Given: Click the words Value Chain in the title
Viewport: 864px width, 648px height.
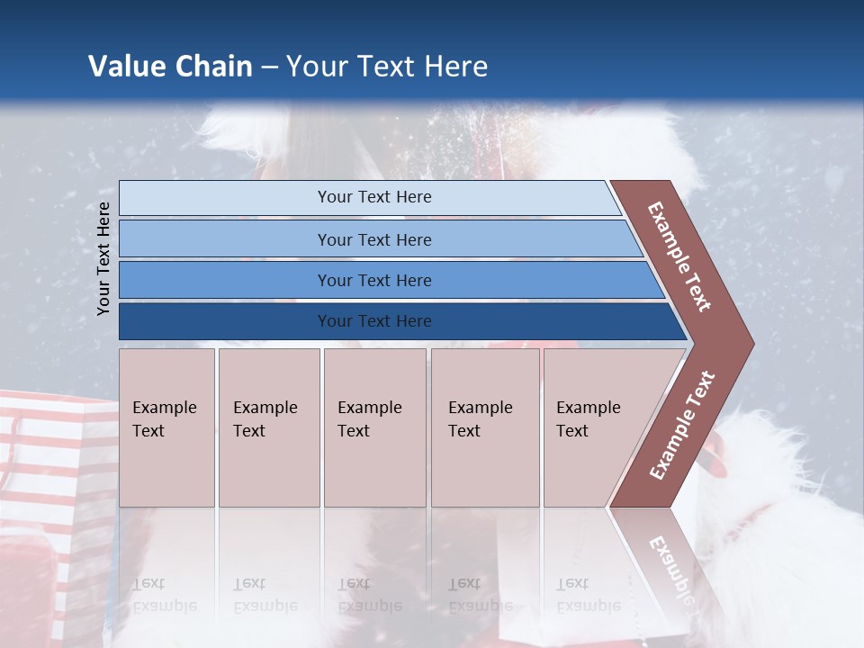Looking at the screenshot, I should click(x=170, y=67).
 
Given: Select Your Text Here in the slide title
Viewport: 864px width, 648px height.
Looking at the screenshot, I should click(x=387, y=67).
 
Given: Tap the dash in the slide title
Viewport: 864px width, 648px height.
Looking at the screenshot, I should click(x=269, y=67).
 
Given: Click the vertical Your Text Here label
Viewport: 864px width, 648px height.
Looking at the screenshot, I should click(x=103, y=258).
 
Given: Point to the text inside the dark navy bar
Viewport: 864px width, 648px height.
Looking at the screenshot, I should click(x=374, y=321).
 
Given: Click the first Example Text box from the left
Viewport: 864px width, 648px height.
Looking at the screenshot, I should click(x=166, y=427).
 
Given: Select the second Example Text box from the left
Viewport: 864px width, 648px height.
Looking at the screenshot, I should click(x=269, y=427).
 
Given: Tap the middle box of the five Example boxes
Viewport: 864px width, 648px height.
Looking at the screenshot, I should click(x=374, y=427).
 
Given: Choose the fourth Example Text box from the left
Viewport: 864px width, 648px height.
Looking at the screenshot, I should click(x=485, y=427).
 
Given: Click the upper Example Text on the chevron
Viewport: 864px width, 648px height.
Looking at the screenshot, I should click(x=679, y=256).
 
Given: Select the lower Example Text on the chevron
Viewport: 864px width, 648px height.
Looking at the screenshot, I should click(x=681, y=426).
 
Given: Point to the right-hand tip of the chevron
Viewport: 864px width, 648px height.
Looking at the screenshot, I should click(x=751, y=343).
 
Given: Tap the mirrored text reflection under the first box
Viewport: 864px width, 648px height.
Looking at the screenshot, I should click(x=164, y=594).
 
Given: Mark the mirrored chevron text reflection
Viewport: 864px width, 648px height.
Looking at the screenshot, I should click(x=670, y=567).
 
